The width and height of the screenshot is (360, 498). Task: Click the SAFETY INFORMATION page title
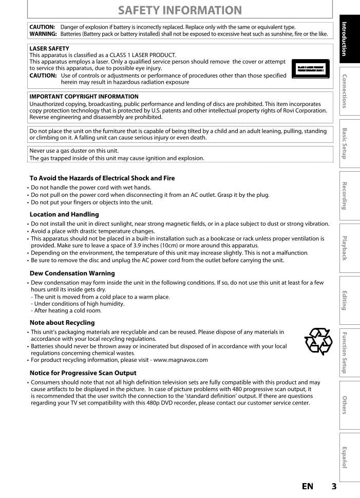coord(180,10)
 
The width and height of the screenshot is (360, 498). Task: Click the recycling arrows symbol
coord(318,341)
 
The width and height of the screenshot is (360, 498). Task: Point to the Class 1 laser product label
coord(310,68)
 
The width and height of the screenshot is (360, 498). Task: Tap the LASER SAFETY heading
coord(49,48)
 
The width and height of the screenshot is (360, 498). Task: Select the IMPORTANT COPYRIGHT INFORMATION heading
coord(84,96)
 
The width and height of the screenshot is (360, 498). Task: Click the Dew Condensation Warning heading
coord(72,273)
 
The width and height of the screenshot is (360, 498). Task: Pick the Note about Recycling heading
coord(62,323)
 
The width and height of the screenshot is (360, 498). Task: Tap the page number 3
coord(334,486)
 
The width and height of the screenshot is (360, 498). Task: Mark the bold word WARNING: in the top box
coord(43,34)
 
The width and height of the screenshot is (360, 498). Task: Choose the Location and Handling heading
coord(64,214)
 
